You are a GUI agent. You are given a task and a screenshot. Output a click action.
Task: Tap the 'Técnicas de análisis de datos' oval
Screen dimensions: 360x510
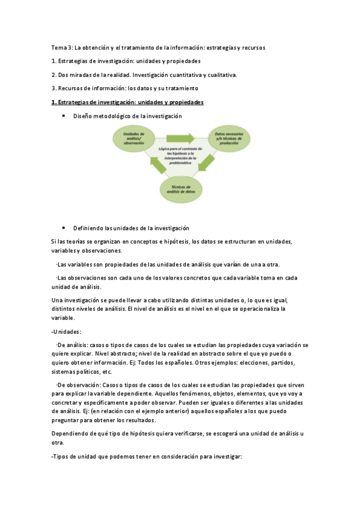pos(179,189)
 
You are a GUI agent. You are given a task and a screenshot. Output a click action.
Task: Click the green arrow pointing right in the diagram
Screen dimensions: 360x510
pos(179,137)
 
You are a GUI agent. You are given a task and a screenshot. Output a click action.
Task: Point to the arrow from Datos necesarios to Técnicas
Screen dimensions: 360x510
pos(207,162)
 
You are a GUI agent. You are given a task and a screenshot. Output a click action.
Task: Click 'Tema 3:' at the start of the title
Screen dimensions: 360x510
pos(61,47)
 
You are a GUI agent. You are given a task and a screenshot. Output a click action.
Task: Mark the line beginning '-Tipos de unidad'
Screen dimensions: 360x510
pos(147,456)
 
